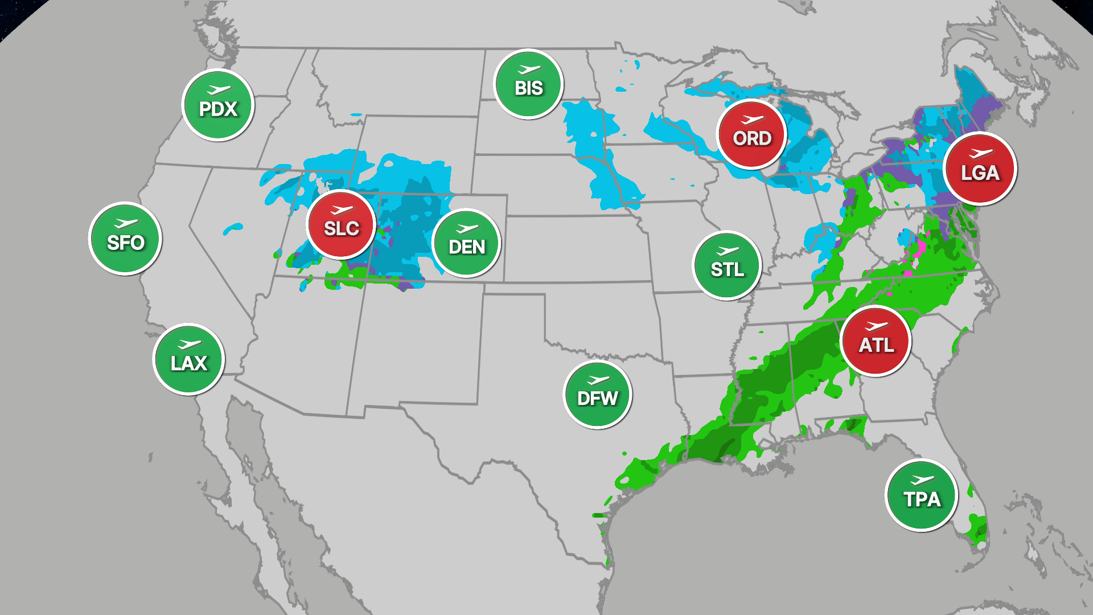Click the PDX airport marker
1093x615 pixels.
click(218, 105)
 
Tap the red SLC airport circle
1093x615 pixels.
click(341, 224)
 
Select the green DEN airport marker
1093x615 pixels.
click(466, 243)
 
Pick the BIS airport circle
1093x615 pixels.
click(528, 84)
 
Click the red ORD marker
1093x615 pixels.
click(751, 134)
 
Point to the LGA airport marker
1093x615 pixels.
click(980, 169)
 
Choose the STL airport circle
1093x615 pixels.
click(727, 265)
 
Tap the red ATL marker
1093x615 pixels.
click(876, 341)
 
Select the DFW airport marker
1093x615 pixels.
click(597, 395)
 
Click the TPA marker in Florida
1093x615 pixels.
click(921, 495)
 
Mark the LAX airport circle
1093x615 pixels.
click(188, 359)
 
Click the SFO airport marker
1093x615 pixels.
click(125, 239)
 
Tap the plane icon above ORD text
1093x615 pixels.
click(752, 120)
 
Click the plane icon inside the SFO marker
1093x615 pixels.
click(126, 223)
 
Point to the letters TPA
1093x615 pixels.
click(922, 500)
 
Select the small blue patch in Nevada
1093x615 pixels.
click(233, 228)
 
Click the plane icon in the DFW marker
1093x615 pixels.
click(598, 380)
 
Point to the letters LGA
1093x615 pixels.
click(980, 173)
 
